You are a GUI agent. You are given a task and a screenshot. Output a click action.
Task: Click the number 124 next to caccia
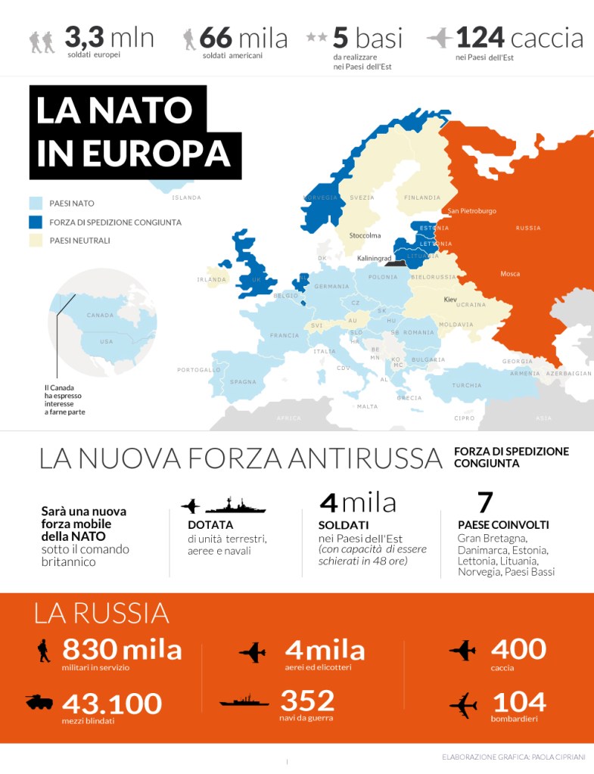480,38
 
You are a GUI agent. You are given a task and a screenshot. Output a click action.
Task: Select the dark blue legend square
36,222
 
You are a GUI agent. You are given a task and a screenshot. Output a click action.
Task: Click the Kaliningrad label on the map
375,258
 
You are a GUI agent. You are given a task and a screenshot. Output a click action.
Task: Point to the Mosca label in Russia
510,274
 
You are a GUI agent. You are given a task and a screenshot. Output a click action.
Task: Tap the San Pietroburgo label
472,211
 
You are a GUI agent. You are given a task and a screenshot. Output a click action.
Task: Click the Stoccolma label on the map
365,235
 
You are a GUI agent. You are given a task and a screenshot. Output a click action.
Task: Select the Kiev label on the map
451,300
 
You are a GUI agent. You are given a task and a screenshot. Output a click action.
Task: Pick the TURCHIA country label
467,385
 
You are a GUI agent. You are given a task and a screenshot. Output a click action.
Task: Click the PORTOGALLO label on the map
199,370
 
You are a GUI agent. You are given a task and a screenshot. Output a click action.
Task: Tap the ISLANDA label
187,197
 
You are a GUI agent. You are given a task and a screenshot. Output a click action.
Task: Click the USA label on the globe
107,341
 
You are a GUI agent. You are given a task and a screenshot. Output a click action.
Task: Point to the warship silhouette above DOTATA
235,505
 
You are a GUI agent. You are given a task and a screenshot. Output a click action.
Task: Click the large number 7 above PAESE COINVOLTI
485,502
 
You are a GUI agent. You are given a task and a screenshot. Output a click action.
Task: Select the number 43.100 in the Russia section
112,704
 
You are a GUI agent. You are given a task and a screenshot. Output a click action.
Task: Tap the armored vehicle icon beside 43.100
39,702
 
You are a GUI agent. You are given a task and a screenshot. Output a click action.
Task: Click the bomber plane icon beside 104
462,705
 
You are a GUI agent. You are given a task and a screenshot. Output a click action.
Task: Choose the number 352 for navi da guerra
307,700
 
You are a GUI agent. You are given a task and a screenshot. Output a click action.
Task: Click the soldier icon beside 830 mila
44,650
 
